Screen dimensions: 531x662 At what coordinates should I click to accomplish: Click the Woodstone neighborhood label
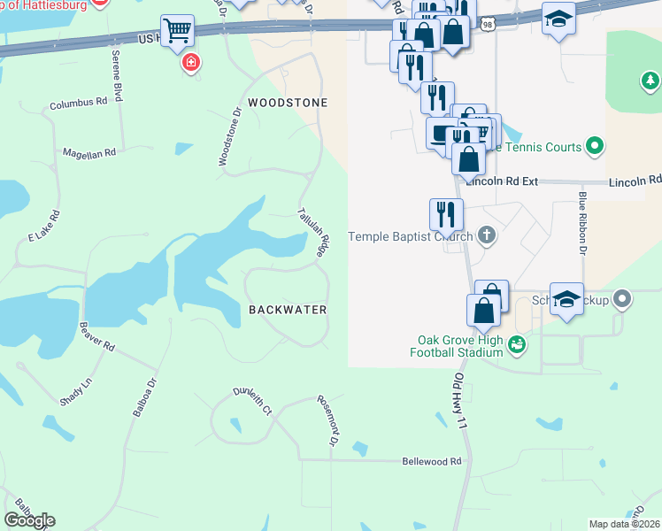287,103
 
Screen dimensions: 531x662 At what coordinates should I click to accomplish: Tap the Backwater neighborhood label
288,310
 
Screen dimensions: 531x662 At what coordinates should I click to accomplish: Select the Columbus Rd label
78,103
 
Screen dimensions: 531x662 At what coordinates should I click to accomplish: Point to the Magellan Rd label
89,153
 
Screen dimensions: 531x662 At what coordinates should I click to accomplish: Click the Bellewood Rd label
432,461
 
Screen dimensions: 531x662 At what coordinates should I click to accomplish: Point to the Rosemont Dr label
328,421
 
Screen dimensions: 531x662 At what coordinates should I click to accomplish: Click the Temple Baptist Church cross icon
486,235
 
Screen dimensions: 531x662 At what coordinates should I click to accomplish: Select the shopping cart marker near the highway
178,31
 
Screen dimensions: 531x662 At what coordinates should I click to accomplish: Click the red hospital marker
190,63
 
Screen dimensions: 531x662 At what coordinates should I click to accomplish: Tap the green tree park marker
650,82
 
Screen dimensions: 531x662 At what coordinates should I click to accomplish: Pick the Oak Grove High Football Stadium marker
517,343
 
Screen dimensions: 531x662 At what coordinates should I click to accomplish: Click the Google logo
29,520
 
